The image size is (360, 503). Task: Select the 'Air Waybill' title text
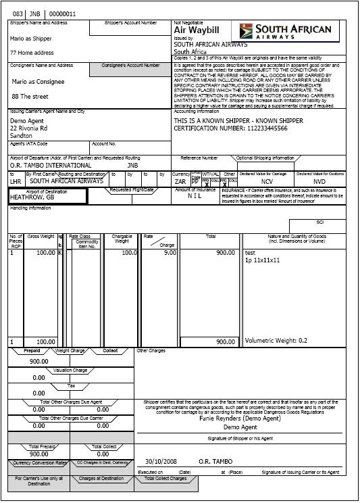tap(197, 30)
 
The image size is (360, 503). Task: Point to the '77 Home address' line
tap(31, 52)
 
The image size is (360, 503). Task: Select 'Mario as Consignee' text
tap(38, 82)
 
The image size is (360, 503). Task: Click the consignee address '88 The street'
tap(30, 96)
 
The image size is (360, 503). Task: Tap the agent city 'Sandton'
tap(22, 135)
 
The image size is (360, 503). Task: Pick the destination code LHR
tap(16, 181)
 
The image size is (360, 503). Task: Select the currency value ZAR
tap(180, 181)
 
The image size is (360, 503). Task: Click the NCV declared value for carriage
tap(267, 181)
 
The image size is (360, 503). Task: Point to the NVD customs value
tap(319, 181)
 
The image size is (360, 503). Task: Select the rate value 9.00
tap(170, 252)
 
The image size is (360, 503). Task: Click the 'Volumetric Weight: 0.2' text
tap(276, 341)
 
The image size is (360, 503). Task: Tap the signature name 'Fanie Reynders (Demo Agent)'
tap(241, 418)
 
